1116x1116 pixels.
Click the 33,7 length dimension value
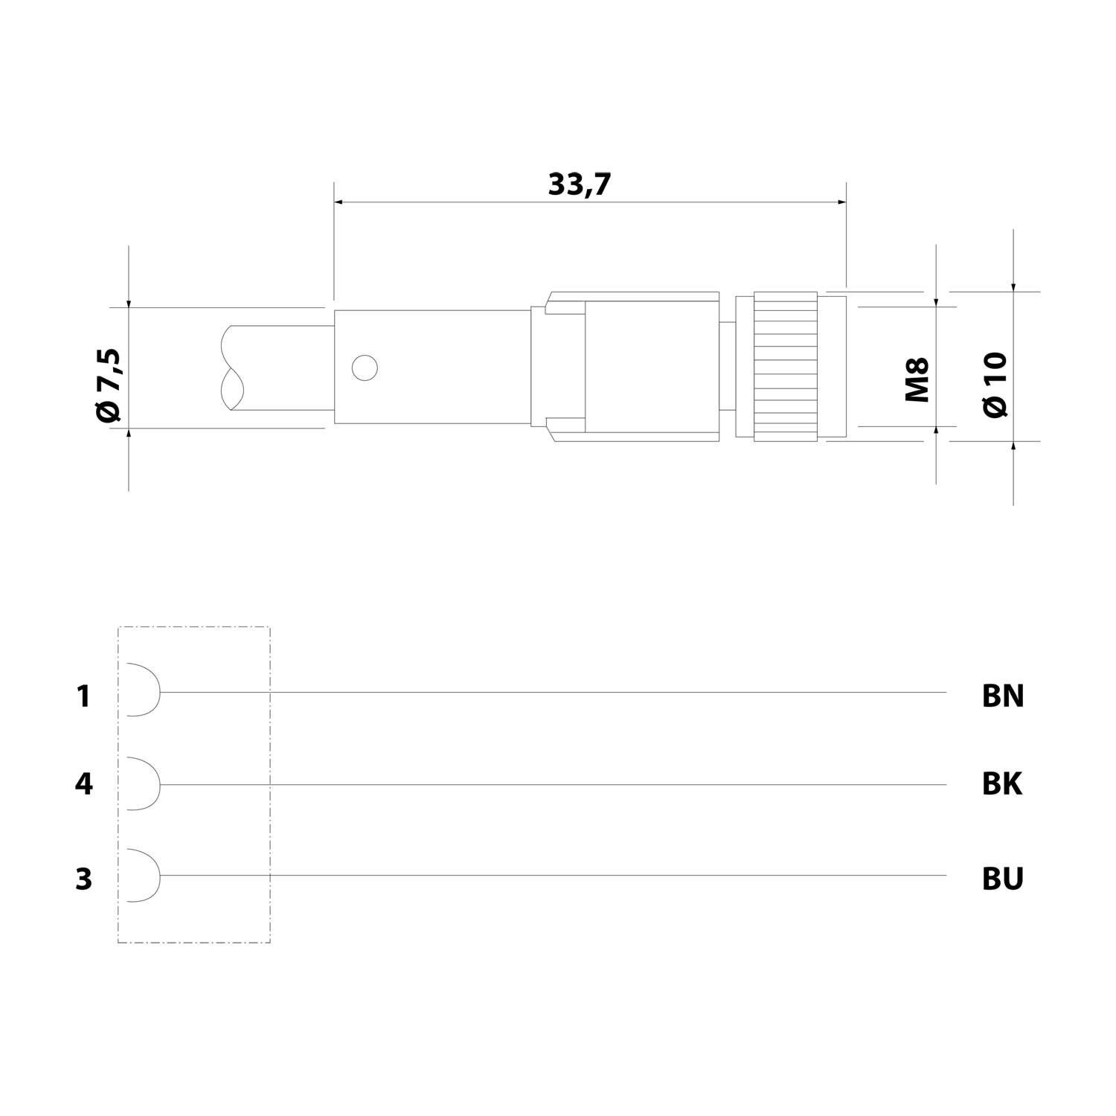point(579,185)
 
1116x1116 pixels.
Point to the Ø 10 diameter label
point(995,384)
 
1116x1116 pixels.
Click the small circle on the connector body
point(365,368)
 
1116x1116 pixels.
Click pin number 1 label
point(83,696)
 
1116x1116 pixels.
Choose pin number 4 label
point(84,784)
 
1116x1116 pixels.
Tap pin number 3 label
point(83,879)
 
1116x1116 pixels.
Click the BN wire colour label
point(1003,696)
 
